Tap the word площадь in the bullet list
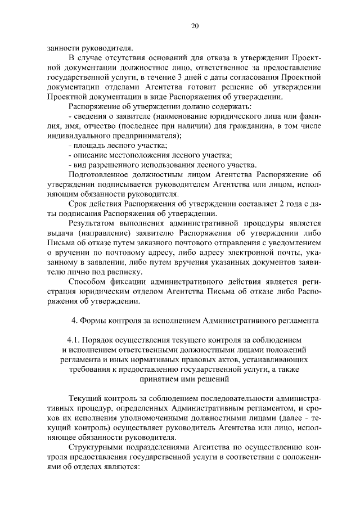88,145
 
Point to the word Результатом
94,223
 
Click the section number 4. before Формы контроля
75,321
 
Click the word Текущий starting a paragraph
85,398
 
